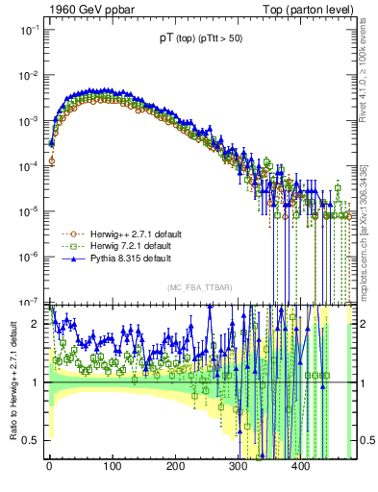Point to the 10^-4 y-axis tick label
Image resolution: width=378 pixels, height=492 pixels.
click(x=31, y=166)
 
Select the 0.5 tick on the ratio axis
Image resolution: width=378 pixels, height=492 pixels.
click(x=34, y=441)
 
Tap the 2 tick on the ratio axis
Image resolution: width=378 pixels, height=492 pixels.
click(x=38, y=324)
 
